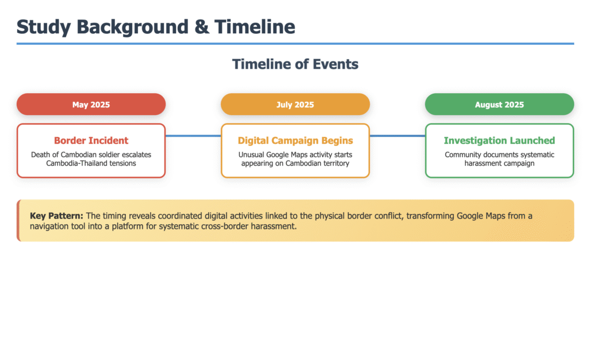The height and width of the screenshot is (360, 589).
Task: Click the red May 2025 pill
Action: click(91, 104)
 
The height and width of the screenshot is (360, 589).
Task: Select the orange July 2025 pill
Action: click(295, 104)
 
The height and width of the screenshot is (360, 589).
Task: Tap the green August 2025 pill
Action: click(499, 104)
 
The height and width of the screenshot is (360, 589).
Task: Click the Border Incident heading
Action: click(91, 140)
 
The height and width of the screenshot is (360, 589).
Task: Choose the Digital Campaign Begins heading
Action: click(295, 140)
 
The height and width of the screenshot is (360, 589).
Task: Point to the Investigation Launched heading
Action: click(499, 140)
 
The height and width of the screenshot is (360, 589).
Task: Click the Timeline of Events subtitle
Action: click(295, 64)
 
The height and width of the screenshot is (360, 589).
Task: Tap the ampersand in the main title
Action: click(202, 27)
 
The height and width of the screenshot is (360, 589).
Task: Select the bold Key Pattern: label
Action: click(56, 216)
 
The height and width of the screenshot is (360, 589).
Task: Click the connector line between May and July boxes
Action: click(193, 136)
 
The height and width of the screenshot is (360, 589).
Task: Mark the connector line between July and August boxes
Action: click(397, 136)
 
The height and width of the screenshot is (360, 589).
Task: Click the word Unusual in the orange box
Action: click(251, 155)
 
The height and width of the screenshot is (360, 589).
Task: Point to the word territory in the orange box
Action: click(335, 163)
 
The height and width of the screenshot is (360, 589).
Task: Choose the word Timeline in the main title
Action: click(255, 27)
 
